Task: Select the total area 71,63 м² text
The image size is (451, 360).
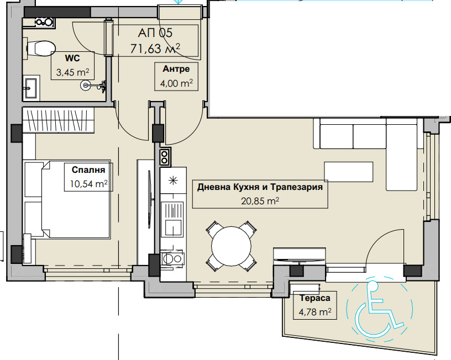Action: [155, 49]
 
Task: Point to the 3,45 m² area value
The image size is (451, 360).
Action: [72, 72]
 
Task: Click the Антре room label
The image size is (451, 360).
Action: [176, 69]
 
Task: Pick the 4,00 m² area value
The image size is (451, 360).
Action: [176, 83]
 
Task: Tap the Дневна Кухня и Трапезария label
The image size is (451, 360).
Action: [259, 187]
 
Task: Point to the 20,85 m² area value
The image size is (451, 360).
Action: [260, 202]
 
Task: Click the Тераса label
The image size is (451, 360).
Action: [315, 298]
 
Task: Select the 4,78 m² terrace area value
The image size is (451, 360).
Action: [315, 312]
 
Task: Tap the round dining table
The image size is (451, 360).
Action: [232, 246]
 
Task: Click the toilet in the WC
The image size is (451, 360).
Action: [40, 48]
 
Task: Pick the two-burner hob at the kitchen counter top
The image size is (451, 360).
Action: [165, 157]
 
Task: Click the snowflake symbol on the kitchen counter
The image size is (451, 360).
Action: [174, 181]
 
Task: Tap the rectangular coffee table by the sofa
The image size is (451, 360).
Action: [348, 171]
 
